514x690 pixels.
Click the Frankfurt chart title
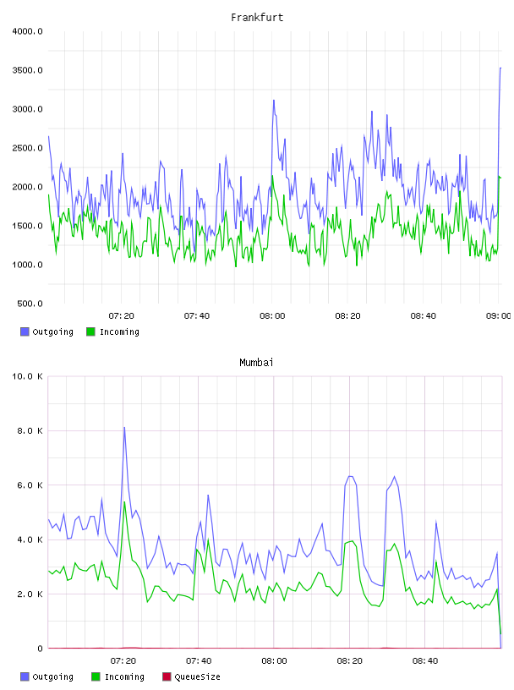(x=257, y=18)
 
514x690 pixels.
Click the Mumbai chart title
(x=256, y=363)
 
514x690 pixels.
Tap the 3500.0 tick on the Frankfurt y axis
(x=27, y=70)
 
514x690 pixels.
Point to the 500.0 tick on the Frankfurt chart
(x=30, y=304)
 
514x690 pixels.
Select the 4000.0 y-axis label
(x=27, y=31)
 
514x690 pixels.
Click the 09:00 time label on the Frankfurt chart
(x=498, y=316)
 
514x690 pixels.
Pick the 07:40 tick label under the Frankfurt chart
(x=197, y=316)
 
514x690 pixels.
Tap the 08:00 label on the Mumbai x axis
(x=274, y=661)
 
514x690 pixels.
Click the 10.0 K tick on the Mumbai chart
(x=27, y=376)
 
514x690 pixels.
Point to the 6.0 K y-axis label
(x=30, y=485)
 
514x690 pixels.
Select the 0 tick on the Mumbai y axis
(x=40, y=649)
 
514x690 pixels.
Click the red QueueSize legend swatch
(x=167, y=676)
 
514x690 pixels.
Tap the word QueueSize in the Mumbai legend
(x=197, y=676)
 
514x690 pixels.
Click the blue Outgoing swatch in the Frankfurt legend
(x=25, y=331)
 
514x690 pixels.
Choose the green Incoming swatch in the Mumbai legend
(x=96, y=676)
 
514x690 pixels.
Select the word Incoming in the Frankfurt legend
(x=119, y=331)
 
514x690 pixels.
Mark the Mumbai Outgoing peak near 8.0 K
(x=124, y=427)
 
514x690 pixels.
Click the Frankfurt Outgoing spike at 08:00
(x=274, y=101)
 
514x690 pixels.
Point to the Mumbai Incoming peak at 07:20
(x=124, y=501)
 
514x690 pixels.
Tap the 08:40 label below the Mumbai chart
(x=425, y=661)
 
